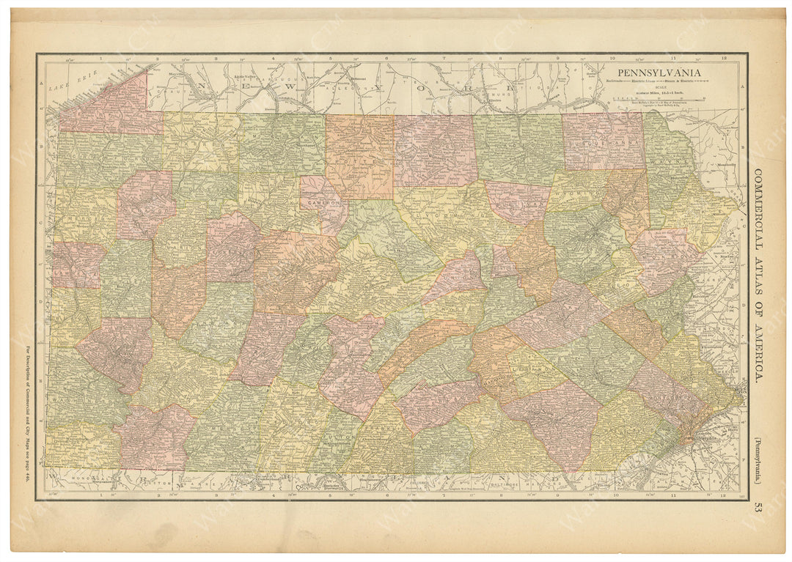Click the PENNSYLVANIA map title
(x=658, y=72)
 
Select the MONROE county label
(x=668, y=256)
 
